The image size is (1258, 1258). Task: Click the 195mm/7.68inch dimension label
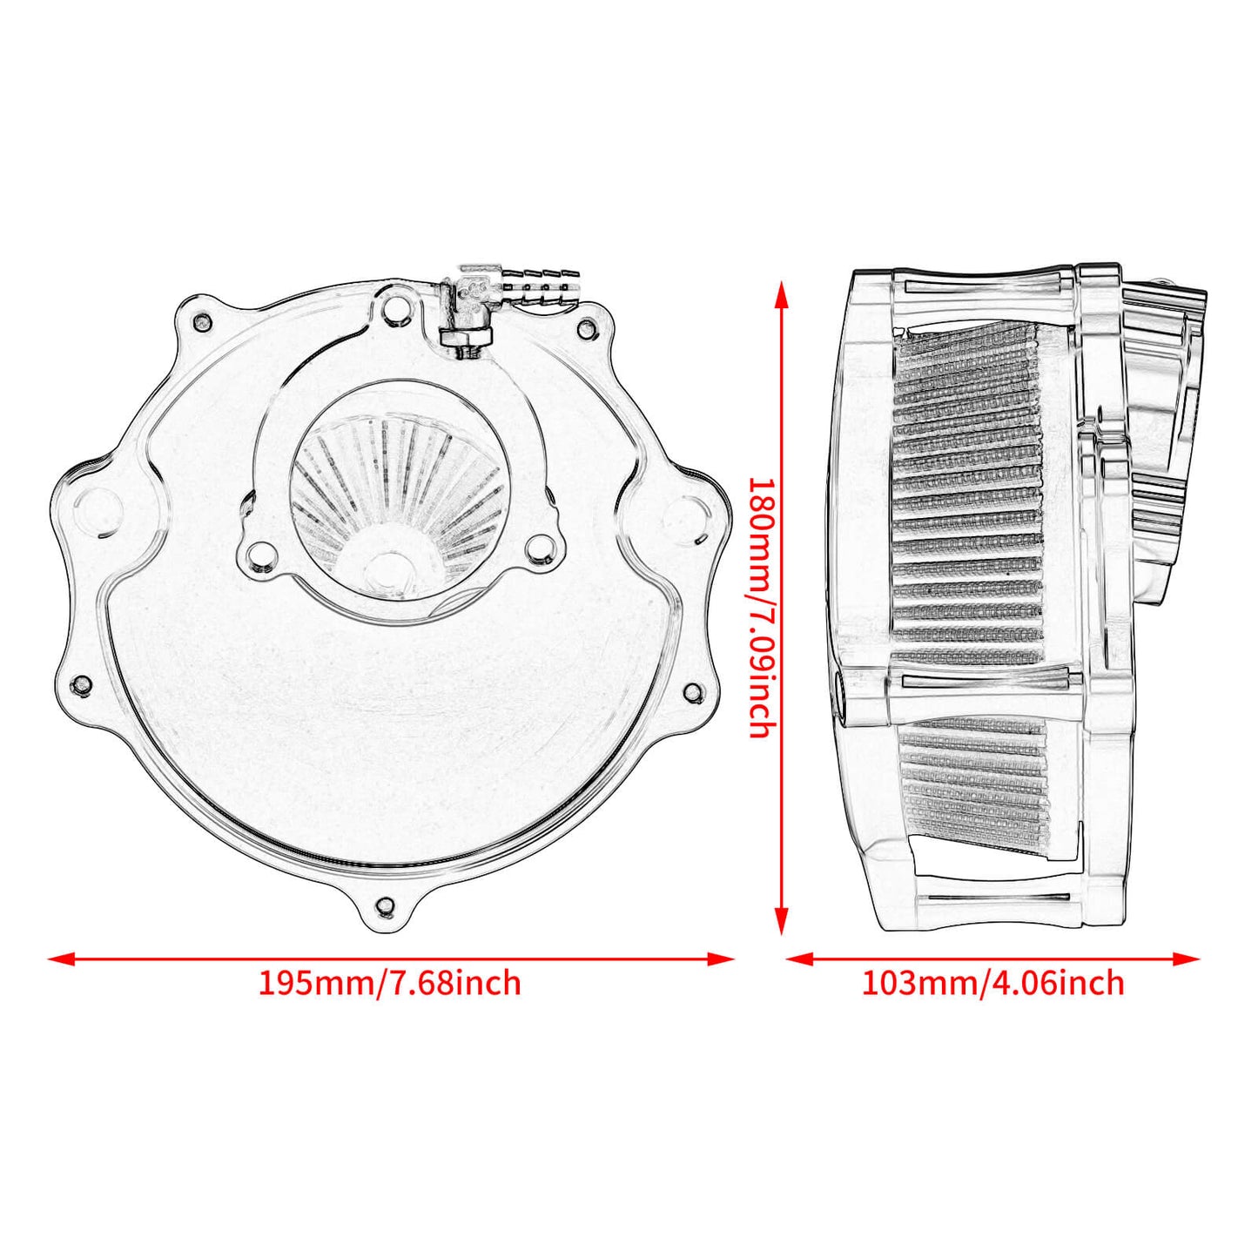tap(389, 983)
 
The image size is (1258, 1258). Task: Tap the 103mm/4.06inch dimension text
tap(992, 983)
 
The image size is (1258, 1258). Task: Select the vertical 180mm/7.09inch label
tap(760, 607)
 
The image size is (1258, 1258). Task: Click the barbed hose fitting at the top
tap(540, 284)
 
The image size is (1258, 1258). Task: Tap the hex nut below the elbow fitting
tap(467, 337)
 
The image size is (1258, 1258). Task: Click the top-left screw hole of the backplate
tap(203, 321)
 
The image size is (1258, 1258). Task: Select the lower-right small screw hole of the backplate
tap(692, 693)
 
